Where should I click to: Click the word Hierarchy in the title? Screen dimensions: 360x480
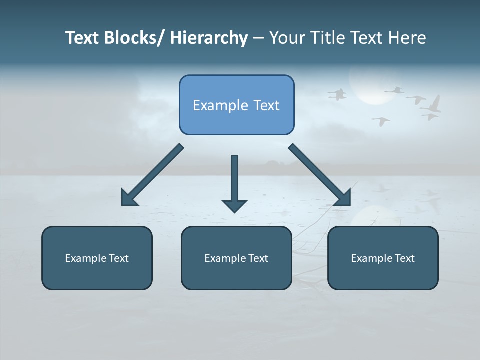point(209,38)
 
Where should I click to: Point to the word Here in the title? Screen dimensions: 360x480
point(406,38)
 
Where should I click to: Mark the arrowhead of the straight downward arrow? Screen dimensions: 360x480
point(234,205)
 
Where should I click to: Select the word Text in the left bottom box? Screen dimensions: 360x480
point(119,258)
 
